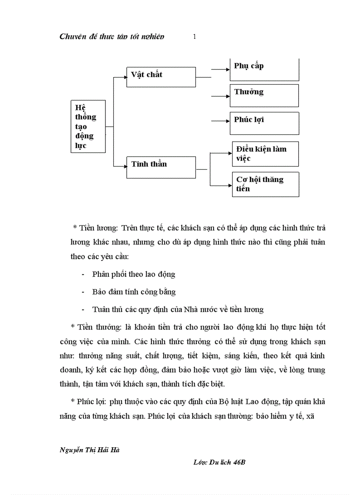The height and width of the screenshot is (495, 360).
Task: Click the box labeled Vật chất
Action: [x=161, y=77]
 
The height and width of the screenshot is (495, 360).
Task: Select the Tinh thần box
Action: [x=161, y=167]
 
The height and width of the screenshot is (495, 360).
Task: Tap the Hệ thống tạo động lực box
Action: [x=88, y=126]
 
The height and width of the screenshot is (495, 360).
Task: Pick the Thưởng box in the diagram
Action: [x=264, y=95]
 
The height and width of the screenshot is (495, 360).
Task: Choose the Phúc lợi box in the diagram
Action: [x=264, y=123]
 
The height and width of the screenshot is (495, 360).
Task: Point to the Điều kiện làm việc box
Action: [x=266, y=153]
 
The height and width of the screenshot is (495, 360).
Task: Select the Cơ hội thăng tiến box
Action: [x=266, y=184]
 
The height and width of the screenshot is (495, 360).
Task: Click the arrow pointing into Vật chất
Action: [x=120, y=77]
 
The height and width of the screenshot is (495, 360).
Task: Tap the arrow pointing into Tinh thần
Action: [x=120, y=166]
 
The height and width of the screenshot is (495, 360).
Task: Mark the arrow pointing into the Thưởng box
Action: [x=221, y=95]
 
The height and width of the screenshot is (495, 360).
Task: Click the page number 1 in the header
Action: [x=194, y=37]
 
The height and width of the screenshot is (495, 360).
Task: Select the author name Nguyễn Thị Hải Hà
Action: [x=83, y=450]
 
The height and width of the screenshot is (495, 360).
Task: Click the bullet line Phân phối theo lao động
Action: [x=134, y=274]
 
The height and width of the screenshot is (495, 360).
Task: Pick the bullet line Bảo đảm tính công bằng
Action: [x=134, y=292]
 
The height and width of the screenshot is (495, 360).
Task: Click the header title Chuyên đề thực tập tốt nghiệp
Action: [x=112, y=37]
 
